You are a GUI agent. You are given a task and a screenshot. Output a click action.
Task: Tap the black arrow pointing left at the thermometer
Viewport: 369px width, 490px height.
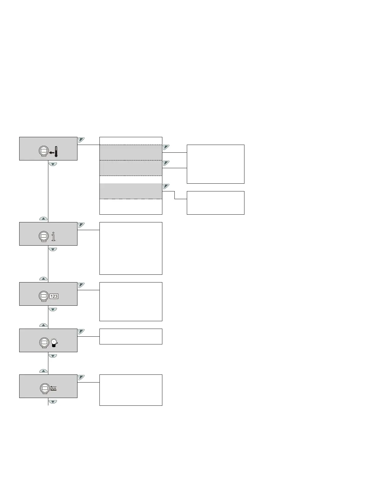[x=51, y=152]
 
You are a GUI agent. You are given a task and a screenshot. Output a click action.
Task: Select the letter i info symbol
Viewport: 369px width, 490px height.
[x=54, y=237]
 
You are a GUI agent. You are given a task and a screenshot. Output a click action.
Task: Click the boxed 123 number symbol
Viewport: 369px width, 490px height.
[x=54, y=296]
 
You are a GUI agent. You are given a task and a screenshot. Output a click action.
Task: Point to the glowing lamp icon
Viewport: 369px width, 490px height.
[x=54, y=343]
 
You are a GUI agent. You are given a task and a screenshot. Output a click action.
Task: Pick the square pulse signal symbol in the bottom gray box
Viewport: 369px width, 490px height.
[x=53, y=388]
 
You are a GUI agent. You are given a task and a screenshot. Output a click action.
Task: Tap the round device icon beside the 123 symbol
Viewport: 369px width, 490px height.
[x=44, y=296]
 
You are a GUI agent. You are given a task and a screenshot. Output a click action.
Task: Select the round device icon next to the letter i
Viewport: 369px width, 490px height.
[x=44, y=237]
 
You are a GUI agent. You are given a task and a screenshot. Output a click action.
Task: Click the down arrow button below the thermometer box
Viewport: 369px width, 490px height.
[x=53, y=164]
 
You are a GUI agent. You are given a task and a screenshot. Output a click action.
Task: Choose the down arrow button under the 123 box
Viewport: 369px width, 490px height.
[x=53, y=309]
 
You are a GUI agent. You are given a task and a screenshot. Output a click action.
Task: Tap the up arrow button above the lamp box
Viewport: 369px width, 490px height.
[x=44, y=325]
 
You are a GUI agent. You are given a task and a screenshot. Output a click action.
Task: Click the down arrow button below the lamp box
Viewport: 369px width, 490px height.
[x=53, y=356]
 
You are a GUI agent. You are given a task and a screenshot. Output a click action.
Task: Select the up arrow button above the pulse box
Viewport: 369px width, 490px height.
[x=44, y=371]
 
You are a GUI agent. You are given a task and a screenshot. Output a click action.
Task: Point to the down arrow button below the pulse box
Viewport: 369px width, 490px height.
[x=53, y=402]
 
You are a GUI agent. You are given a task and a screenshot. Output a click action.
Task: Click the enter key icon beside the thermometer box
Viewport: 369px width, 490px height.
[x=81, y=140]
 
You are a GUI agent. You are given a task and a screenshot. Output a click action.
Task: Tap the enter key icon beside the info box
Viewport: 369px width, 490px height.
[x=81, y=225]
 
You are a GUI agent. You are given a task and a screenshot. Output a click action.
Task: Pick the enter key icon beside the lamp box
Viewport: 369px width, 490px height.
[x=81, y=331]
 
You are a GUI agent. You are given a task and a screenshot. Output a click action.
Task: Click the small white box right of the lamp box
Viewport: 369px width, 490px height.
[x=131, y=336]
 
